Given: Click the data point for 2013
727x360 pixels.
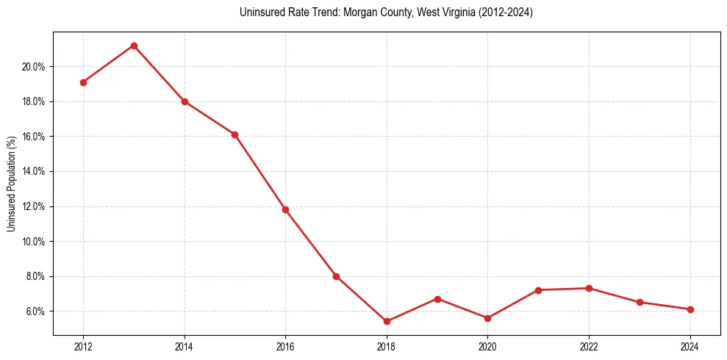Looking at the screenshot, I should pos(134,46).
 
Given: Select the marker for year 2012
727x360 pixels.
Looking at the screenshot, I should pos(83,82).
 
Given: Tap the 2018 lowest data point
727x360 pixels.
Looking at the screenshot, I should pos(387,321).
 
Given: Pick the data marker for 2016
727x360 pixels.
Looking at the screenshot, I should pos(285,209).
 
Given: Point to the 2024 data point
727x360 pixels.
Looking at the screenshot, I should pos(690,309).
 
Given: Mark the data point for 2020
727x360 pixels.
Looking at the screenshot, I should pos(487,318).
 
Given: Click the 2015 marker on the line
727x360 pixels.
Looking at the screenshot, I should pos(234,134).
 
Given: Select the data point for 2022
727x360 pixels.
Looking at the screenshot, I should pos(589,288).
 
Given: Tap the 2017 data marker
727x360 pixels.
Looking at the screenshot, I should pos(336,276).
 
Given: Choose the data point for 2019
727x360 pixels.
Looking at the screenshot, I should pos(437,299).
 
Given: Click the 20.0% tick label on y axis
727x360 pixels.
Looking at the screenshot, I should pos(33,67).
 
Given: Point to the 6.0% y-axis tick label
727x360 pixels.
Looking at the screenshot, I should pos(35,312).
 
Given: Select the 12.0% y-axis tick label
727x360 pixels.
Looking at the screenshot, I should pos(33,206).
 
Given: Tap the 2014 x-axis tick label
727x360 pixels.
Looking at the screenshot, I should pos(185,347).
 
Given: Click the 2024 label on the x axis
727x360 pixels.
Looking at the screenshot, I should pos(690,347).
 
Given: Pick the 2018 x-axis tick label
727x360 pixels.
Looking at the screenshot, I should pos(387,347).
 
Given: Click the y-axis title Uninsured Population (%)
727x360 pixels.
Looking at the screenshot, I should pos(11,184).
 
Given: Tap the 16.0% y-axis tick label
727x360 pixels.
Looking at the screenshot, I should pos(33,137).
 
